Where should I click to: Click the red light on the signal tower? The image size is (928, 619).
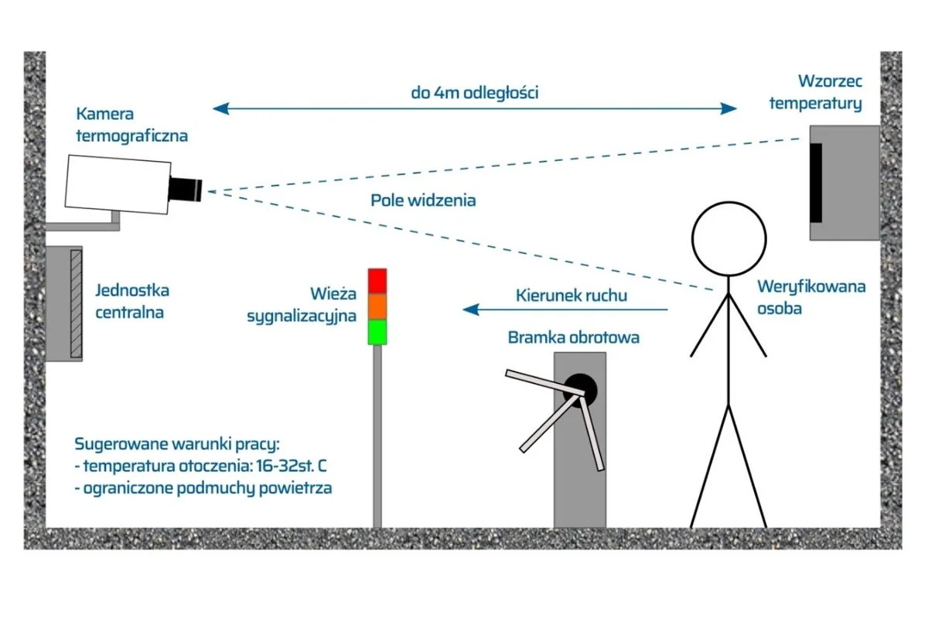point(377,281)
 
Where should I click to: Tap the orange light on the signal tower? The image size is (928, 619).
point(377,306)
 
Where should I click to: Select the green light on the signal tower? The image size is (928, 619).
point(377,332)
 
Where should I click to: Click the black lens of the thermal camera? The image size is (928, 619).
point(185,189)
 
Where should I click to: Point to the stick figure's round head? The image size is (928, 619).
point(728,239)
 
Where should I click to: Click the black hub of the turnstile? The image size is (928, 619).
point(580,391)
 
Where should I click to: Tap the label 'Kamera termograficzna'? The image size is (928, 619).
point(131,125)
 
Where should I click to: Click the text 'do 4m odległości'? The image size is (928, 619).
point(474,92)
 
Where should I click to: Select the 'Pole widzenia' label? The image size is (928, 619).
point(423,200)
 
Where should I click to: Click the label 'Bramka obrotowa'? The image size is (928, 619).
point(573,337)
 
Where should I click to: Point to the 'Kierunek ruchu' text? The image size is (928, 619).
point(571,296)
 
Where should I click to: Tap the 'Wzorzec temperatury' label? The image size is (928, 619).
point(816,92)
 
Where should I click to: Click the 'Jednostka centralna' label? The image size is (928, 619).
point(132,302)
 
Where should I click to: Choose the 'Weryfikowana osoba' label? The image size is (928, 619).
point(811,297)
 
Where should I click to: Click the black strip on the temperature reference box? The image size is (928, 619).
point(816,183)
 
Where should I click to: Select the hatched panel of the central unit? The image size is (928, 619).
point(77,303)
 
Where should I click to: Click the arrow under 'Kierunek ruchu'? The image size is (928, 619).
point(565,309)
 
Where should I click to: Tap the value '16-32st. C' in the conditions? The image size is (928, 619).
point(292,466)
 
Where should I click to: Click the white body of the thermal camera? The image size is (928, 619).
point(118,184)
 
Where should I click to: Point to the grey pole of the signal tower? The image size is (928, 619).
point(377,436)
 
